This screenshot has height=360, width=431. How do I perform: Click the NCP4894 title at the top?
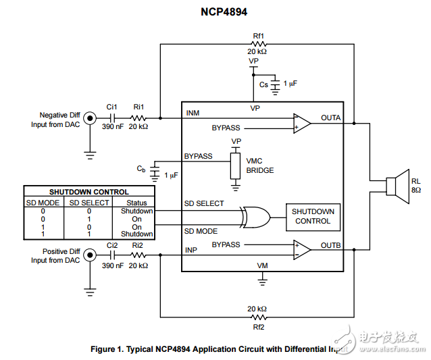pyautogui.click(x=216, y=11)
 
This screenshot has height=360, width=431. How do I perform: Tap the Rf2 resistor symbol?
pyautogui.click(x=258, y=317)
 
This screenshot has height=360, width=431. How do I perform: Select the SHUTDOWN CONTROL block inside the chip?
pyautogui.click(x=312, y=216)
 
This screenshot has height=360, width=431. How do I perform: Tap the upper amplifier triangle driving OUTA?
pyautogui.click(x=301, y=124)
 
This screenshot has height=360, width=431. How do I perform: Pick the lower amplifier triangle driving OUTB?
pyautogui.click(x=301, y=249)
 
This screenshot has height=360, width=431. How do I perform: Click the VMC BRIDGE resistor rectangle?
pyautogui.click(x=235, y=165)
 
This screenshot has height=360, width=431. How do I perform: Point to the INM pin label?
pyautogui.click(x=193, y=113)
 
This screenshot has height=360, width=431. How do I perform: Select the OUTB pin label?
pyautogui.click(x=331, y=245)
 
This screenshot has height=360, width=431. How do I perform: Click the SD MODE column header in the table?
pyautogui.click(x=43, y=203)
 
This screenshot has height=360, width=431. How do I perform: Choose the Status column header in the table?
pyautogui.click(x=136, y=203)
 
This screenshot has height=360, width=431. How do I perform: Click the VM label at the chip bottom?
pyautogui.click(x=263, y=266)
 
